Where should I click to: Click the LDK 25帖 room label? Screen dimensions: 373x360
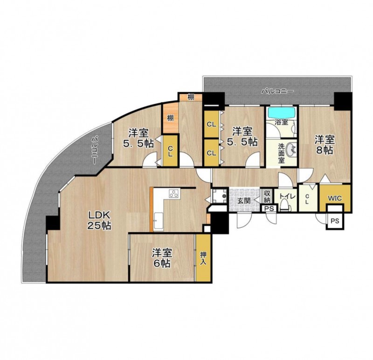pos(99,220)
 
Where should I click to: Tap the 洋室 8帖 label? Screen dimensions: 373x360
pos(325,145)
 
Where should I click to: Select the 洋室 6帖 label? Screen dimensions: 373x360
pos(162,258)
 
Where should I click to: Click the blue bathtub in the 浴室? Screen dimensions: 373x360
pos(282,112)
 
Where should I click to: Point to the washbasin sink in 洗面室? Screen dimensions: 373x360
pos(291,149)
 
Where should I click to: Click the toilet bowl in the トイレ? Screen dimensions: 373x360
pos(284,205)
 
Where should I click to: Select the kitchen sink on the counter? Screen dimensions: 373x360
pos(159,222)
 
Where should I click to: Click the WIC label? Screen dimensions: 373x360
pos(335,198)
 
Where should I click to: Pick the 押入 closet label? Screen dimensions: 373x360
pos(203,258)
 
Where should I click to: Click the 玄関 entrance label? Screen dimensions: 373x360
pos(244,201)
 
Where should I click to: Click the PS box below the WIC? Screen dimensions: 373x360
pos(335,221)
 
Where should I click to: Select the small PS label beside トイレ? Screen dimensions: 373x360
pos(269,208)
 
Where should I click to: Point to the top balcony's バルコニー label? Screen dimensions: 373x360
pos(277,91)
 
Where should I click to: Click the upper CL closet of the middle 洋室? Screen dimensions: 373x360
pos(211,124)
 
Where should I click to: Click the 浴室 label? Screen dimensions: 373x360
pos(282,123)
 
